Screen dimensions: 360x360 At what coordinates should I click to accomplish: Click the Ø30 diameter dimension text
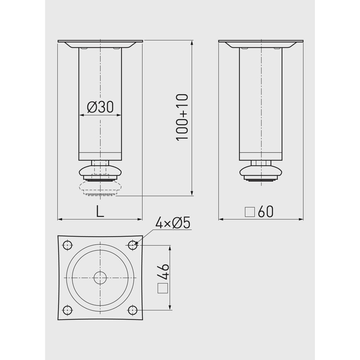(x=100, y=107)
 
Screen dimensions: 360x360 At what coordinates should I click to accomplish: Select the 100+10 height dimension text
(x=183, y=117)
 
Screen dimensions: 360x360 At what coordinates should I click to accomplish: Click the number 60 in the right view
(x=265, y=212)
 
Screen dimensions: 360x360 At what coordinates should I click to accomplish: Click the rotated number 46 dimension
(x=163, y=272)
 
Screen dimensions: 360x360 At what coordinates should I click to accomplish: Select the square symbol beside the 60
(x=250, y=212)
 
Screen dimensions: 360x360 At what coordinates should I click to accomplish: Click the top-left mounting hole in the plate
(x=67, y=245)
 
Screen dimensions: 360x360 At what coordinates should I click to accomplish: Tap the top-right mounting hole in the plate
(x=133, y=244)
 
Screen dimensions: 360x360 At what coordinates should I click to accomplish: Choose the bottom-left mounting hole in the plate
(x=67, y=310)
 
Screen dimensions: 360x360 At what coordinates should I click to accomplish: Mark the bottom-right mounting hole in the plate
(x=133, y=310)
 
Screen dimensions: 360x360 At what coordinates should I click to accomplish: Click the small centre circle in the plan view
(x=100, y=277)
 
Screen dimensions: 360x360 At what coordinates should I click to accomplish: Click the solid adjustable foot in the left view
(x=100, y=171)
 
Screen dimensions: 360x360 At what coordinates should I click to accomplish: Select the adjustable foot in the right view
(x=261, y=171)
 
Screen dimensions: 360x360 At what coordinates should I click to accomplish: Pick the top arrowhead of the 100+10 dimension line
(x=192, y=43)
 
